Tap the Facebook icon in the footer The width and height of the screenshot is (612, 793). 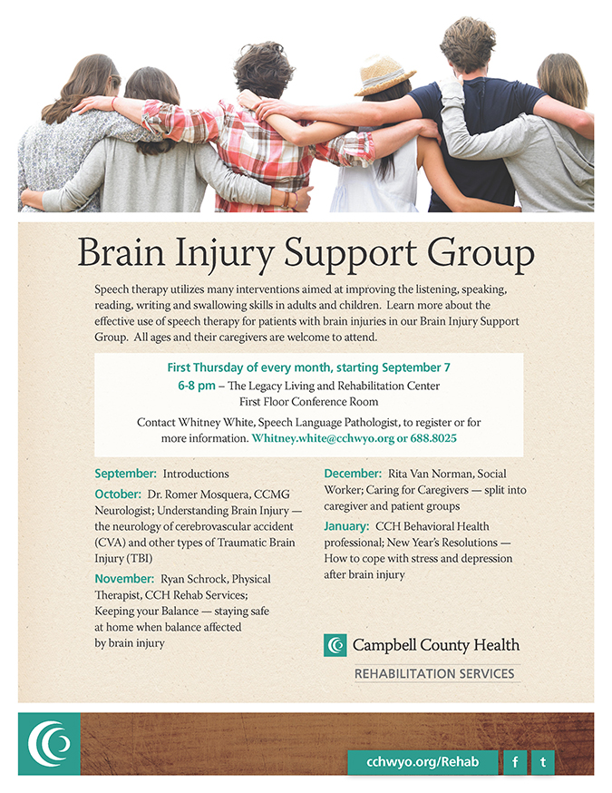point(515,761)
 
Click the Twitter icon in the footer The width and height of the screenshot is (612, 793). point(543,761)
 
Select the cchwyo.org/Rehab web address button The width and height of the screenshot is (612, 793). point(423,761)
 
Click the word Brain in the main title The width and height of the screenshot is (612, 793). point(121,252)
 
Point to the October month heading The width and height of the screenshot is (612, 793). point(118,494)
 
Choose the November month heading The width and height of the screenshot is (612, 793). point(124,579)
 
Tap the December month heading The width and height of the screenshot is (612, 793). point(353,474)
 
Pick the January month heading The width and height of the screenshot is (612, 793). point(346,526)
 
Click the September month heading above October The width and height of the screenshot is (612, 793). point(126,474)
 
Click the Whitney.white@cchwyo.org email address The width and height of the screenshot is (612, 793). point(323,438)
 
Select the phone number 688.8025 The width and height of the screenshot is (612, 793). point(433,438)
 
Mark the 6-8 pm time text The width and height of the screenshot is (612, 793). point(197,386)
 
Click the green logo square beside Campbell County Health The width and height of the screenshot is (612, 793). point(335,645)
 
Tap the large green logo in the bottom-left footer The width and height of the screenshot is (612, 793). point(49,743)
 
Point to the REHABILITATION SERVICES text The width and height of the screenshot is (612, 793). point(434,673)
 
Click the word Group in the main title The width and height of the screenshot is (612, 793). point(481,253)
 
